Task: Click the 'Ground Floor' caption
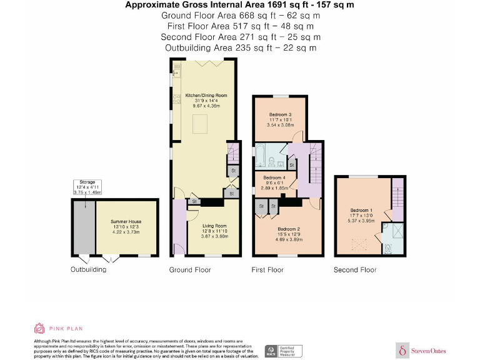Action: pos(190,270)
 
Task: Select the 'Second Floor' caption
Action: pos(355,270)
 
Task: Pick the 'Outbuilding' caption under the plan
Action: pos(88,270)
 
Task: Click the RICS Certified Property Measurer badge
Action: pos(283,351)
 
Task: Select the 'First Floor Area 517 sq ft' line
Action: pos(240,26)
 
